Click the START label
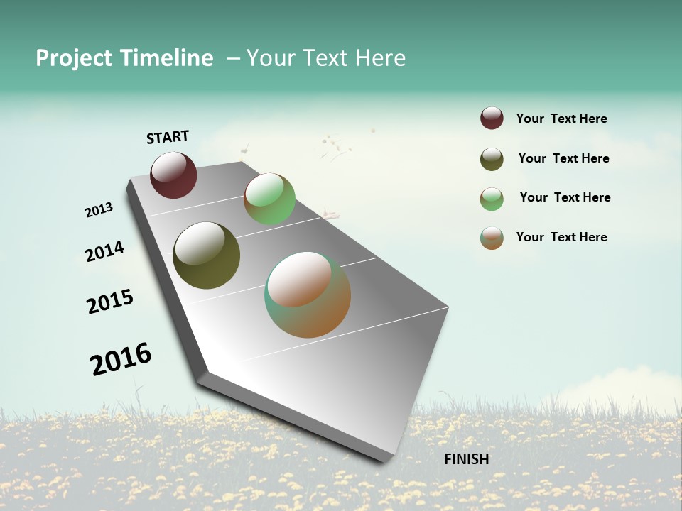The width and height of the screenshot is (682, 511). (168, 137)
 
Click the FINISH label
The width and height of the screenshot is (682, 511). (467, 459)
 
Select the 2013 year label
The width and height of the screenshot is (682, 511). (99, 210)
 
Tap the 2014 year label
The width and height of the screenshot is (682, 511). (104, 251)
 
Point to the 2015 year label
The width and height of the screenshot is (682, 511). (110, 302)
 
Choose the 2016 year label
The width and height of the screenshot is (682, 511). (121, 359)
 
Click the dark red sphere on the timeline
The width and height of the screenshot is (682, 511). (173, 175)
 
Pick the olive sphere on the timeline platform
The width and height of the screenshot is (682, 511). (206, 255)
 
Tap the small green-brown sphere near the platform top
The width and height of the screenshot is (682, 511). (269, 199)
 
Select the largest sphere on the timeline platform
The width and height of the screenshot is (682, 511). (308, 295)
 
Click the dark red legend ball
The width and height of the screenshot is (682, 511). (492, 119)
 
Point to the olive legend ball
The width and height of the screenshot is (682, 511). (492, 159)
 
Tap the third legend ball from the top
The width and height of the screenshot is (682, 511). (492, 199)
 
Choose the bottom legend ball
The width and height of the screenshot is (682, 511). (492, 238)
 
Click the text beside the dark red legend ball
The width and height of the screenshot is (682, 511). (561, 119)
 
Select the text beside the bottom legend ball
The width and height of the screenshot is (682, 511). (561, 237)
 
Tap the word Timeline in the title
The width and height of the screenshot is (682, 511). (166, 58)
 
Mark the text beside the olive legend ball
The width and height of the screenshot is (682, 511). (563, 158)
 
